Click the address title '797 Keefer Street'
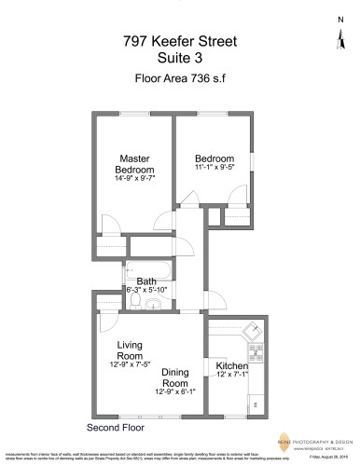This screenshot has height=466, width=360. (180, 41)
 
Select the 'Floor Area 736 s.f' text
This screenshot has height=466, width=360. (180, 78)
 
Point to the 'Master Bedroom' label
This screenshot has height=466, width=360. (135, 164)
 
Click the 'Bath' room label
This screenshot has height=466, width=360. (146, 281)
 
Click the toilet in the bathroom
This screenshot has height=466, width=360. (136, 304)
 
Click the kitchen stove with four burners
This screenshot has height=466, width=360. (256, 355)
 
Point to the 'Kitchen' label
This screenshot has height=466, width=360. (231, 365)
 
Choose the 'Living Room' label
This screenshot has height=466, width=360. (130, 350)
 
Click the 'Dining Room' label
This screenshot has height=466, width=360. (175, 377)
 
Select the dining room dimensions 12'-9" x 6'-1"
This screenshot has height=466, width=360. (175, 392)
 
